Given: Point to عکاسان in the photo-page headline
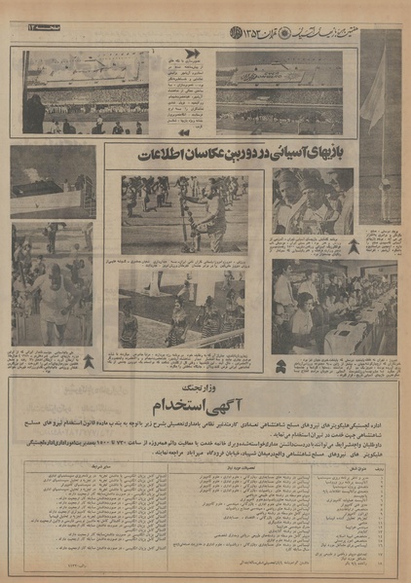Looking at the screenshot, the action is (x=213, y=155).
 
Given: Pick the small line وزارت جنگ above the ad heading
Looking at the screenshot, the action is (x=206, y=384).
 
